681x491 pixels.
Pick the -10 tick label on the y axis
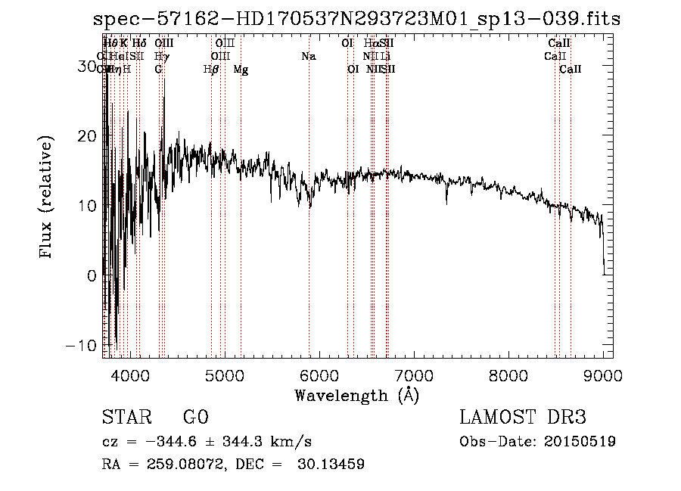81,345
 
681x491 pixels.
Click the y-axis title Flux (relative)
47,198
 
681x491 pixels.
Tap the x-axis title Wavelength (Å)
356,395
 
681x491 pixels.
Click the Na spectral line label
308,57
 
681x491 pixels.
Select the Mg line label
241,70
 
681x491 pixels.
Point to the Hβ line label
211,70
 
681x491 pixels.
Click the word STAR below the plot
126,418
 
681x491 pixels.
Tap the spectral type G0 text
195,418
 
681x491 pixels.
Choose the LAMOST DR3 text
522,418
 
